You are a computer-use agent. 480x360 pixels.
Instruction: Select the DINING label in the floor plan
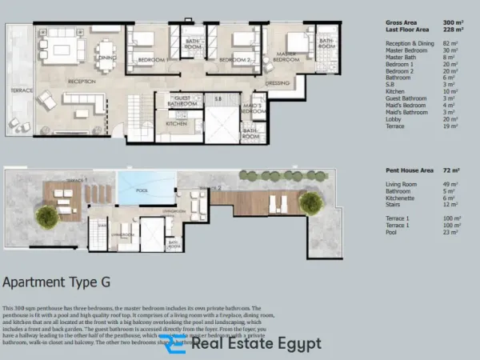(x=109, y=58)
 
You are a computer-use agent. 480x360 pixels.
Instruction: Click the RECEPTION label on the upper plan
(x=82, y=81)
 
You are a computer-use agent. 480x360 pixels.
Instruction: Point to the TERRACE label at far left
(x=22, y=90)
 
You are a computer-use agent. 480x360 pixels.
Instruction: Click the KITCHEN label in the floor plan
(x=176, y=124)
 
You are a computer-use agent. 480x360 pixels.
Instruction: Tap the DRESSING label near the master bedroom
(x=278, y=82)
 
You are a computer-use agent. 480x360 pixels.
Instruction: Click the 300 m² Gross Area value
(x=453, y=22)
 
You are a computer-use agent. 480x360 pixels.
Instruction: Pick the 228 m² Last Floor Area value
(x=453, y=30)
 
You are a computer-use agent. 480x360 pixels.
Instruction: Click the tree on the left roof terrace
(x=46, y=214)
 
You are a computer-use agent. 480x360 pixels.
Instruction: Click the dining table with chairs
(x=106, y=50)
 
